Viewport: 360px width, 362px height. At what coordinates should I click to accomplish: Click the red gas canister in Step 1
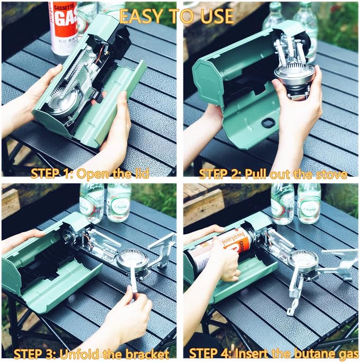click(x=63, y=28)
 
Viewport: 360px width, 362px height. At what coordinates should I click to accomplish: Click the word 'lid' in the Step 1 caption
click(x=141, y=173)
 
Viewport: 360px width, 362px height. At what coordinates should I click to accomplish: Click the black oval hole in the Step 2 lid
click(x=267, y=122)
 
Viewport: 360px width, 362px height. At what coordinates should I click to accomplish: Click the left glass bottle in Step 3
click(x=91, y=203)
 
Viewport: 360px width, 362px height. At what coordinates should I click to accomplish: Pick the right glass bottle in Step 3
click(x=118, y=202)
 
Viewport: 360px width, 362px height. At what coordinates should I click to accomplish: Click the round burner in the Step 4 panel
click(x=303, y=261)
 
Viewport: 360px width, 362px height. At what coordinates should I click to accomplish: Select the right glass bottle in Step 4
click(x=309, y=204)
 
